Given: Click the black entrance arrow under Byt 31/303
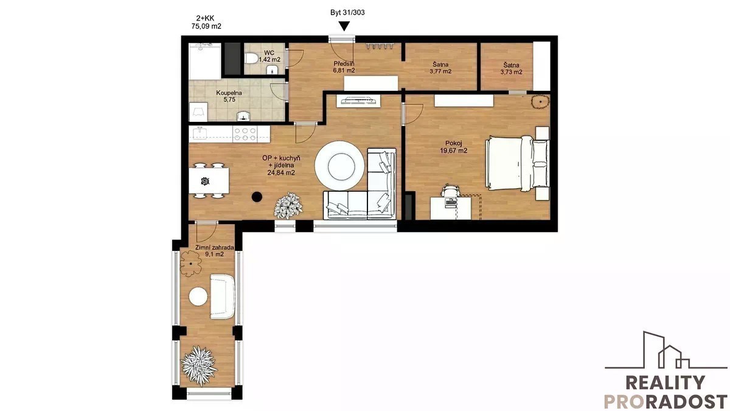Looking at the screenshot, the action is pos(344,26).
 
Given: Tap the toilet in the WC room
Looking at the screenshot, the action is pos(251,59).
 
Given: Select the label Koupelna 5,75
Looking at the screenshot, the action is pos(229,96).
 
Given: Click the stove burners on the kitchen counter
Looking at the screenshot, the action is pos(245,134).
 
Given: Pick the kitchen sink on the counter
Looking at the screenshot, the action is pos(200,133).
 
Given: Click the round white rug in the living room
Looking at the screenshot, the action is pos(339,166).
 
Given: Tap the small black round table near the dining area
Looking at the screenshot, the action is pos(257,197).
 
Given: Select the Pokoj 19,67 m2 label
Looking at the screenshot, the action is pos(454,147).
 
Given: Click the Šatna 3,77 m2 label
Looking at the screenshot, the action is pos(440,68).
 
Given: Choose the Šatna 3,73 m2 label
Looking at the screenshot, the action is pos(512,68).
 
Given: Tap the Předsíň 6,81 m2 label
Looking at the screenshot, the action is pos(344,67).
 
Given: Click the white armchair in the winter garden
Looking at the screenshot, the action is pos(222,297).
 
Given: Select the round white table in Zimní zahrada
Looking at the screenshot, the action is pos(198,297).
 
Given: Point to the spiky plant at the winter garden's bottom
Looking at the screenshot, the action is pos(198,365).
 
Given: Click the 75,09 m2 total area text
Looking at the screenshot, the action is pos(206,26).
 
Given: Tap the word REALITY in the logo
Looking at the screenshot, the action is pos(665,383).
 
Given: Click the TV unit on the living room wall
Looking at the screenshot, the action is pos(358,101).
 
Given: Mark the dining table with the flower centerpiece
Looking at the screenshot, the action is pos(209,181).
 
